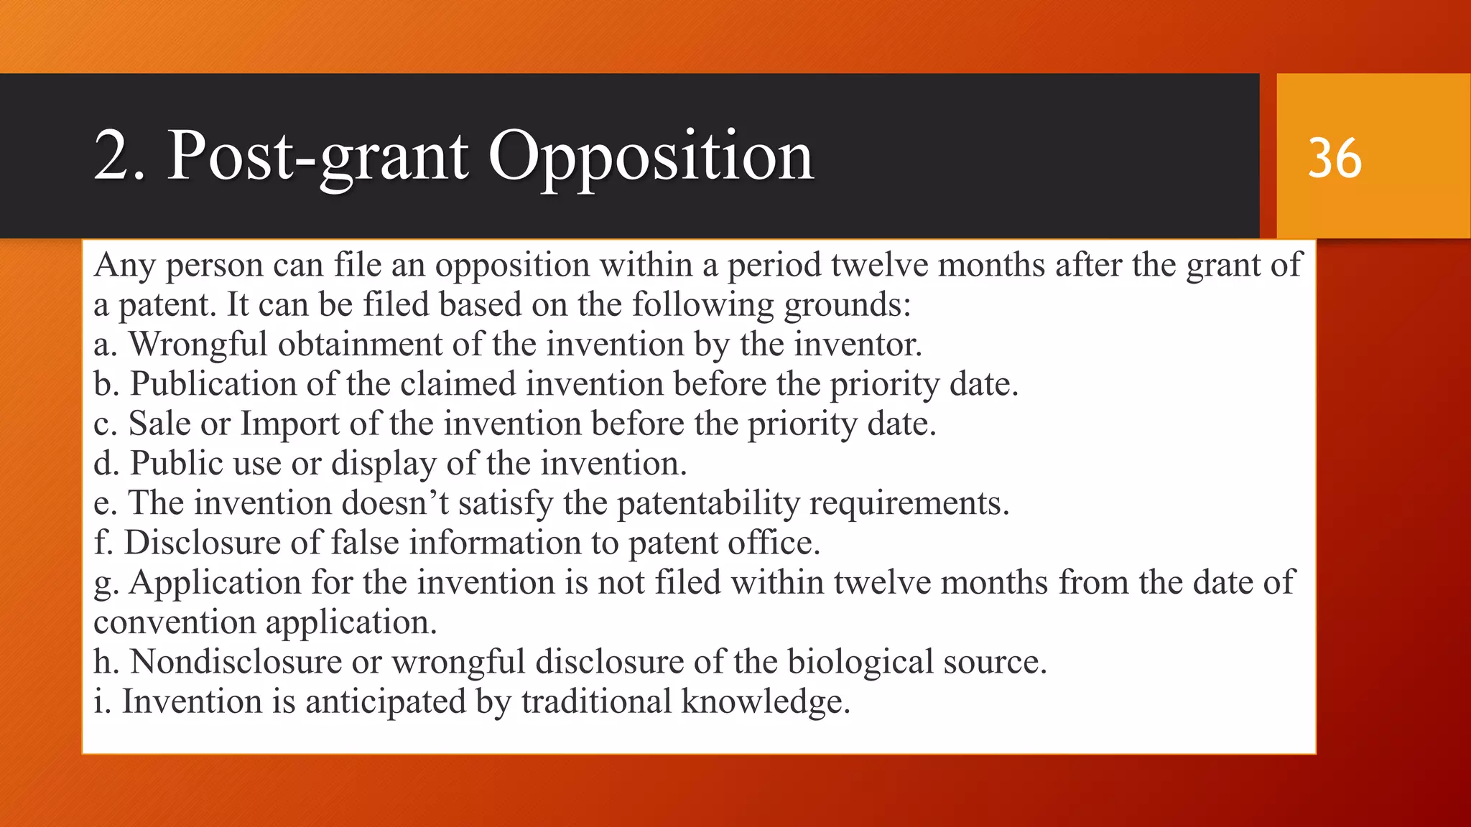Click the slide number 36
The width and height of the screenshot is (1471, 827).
point(1334,158)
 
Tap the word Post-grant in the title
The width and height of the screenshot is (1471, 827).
point(318,156)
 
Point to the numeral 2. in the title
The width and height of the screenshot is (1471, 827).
point(119,156)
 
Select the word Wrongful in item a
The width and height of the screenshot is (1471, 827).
point(198,344)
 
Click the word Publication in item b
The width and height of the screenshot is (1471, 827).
point(213,384)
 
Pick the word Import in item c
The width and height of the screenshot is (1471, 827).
point(289,424)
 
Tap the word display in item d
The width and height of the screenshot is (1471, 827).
point(384,464)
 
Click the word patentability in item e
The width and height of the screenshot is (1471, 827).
point(708,503)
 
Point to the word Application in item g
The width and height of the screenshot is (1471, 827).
point(215,582)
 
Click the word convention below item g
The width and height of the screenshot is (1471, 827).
point(175,622)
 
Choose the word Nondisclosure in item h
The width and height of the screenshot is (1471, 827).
point(236,662)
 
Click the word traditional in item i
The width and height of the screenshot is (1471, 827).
point(596,701)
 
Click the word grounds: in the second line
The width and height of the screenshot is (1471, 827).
point(847,305)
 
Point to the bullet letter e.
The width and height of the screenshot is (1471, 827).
point(104,503)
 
